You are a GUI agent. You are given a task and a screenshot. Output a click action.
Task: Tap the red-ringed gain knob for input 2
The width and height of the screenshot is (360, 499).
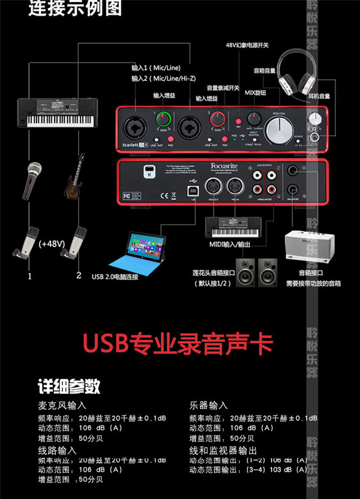[218, 120]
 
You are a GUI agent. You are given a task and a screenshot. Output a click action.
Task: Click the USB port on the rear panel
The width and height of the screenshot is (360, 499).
[194, 188]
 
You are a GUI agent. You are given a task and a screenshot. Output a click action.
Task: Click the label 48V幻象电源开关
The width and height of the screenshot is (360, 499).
[247, 45]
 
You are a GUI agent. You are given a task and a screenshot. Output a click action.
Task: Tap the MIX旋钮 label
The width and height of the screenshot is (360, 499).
[255, 93]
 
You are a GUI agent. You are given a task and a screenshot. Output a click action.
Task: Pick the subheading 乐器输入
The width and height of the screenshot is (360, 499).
[208, 405]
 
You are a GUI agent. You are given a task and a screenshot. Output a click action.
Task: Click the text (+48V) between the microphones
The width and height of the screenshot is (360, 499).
[52, 244]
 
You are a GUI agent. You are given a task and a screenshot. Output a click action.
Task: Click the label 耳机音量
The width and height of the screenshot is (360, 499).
[319, 96]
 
